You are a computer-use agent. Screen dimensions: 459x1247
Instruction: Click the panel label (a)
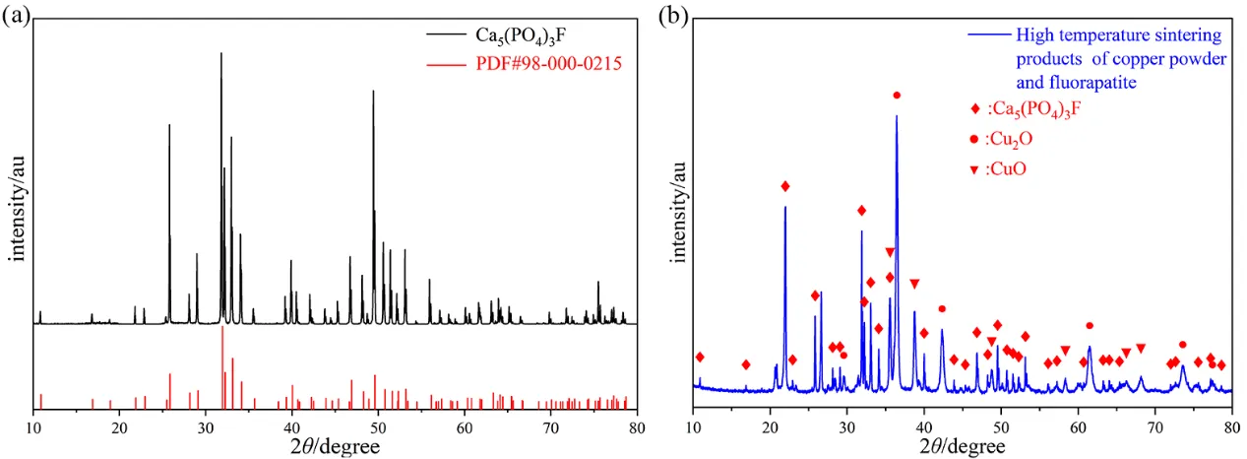(x=17, y=18)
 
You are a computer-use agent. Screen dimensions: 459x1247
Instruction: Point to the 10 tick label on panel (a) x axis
(x=34, y=427)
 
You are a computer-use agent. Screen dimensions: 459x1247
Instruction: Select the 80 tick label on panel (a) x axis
(x=637, y=427)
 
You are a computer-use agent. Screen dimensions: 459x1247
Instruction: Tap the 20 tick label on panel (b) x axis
(x=771, y=426)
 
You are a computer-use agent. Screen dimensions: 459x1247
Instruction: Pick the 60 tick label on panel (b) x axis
(x=1078, y=426)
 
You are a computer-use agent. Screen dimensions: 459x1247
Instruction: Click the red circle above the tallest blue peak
(x=897, y=95)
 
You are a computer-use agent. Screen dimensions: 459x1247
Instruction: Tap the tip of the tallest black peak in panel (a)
(x=220, y=53)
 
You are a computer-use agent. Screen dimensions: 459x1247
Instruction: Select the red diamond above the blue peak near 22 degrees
(x=784, y=186)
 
